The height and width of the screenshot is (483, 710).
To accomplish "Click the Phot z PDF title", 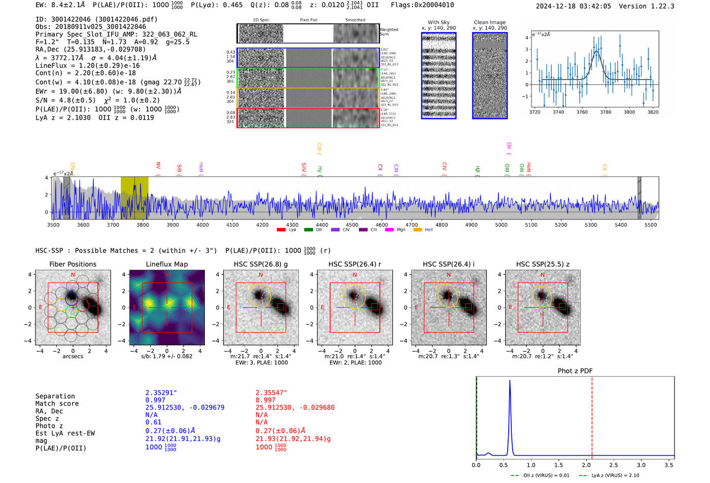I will [575, 371].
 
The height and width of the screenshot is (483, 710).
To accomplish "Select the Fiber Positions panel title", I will [73, 264].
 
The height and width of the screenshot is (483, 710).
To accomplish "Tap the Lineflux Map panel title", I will [166, 264].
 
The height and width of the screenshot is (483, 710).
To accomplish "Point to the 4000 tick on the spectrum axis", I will [202, 225].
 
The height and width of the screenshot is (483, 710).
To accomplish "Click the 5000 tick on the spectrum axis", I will [501, 225].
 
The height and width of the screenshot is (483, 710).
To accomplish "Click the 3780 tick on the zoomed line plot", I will [606, 112].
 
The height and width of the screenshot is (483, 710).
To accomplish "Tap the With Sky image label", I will [439, 22].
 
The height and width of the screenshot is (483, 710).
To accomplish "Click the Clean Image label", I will [489, 22].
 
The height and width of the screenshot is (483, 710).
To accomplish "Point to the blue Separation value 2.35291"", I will [161, 393].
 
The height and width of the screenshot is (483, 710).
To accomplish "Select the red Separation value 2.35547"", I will [271, 393].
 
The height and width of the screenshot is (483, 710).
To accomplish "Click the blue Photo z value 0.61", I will [153, 422].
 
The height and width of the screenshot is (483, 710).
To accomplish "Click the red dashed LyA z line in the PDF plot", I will [592, 416].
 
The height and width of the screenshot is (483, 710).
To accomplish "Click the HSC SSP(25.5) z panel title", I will [543, 264].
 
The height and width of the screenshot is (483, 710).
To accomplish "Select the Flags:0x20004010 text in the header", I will [422, 5].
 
